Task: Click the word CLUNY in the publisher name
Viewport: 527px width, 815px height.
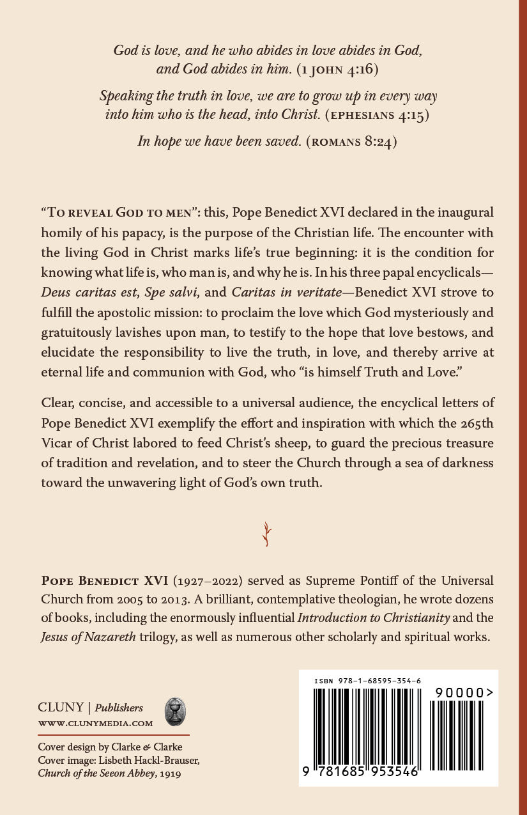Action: pyautogui.click(x=61, y=708)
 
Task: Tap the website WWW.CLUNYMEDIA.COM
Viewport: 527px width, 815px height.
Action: pyautogui.click(x=96, y=724)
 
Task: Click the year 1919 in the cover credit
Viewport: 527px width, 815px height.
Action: pyautogui.click(x=169, y=773)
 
